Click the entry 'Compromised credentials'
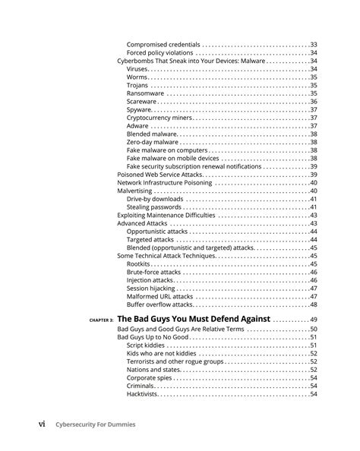163,44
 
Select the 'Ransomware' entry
146,93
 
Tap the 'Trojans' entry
138,85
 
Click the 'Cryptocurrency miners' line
159,118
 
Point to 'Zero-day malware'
153,142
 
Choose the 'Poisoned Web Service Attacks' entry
159,175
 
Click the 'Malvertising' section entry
136,191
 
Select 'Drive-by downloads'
155,199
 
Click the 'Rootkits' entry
139,264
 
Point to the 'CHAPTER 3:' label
100,321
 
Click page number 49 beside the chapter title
313,320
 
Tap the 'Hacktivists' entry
143,394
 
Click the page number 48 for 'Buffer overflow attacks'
313,304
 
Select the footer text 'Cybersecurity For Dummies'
95,424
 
